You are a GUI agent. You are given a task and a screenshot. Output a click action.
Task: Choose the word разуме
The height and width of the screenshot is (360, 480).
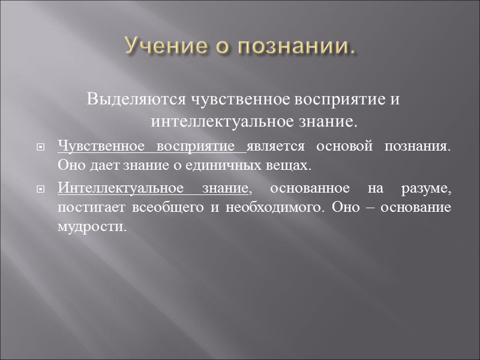431,190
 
